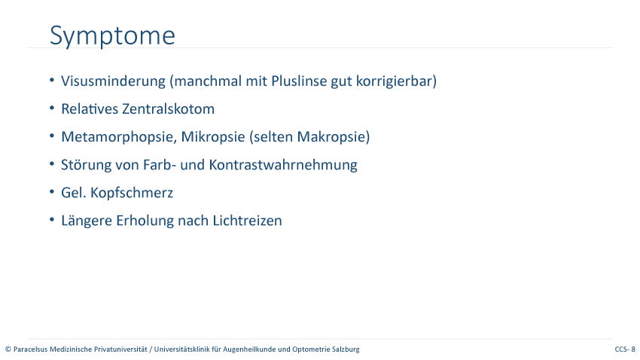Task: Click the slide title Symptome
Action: coord(112,36)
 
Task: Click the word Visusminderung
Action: coord(113,81)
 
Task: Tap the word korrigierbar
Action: coord(396,81)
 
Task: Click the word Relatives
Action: coord(90,109)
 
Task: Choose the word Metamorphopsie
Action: coord(119,137)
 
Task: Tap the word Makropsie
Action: coord(333,137)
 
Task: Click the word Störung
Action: coord(86,165)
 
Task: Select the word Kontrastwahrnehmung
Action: coord(283,165)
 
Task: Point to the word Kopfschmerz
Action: coord(132,193)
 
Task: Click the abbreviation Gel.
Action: coord(74,193)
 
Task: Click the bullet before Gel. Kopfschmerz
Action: coord(52,191)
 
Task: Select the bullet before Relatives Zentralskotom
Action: coord(52,108)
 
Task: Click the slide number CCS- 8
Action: coord(625,349)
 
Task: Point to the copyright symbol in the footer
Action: coord(8,349)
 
